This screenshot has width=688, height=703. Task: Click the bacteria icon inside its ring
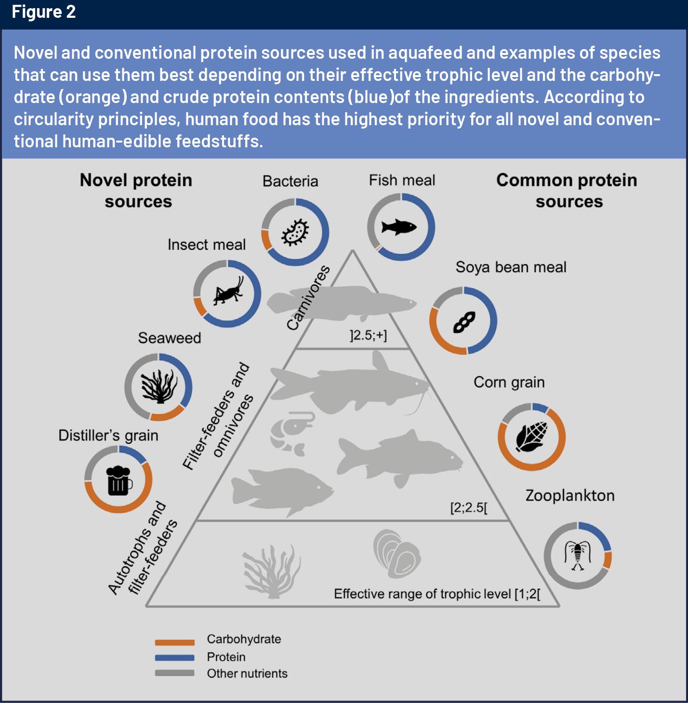(x=295, y=233)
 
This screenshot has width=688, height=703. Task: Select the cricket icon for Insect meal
(x=227, y=293)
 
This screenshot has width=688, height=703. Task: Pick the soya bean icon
(x=463, y=321)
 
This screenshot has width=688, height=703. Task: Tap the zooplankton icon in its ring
(x=578, y=555)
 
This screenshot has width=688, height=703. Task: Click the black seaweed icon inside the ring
(x=159, y=387)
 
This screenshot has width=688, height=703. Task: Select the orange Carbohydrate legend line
(x=174, y=642)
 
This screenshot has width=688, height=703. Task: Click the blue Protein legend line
(x=174, y=657)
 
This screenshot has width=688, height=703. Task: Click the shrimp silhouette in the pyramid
(x=289, y=432)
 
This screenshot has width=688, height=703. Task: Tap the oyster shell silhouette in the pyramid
(x=396, y=554)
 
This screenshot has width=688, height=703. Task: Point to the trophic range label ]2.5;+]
(x=368, y=335)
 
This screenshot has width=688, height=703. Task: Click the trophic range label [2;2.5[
(x=468, y=508)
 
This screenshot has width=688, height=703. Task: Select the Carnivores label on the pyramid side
(x=308, y=298)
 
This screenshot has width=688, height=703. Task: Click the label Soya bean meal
(x=511, y=267)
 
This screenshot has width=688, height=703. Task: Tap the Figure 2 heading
(x=44, y=12)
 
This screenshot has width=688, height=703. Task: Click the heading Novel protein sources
(x=136, y=191)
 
